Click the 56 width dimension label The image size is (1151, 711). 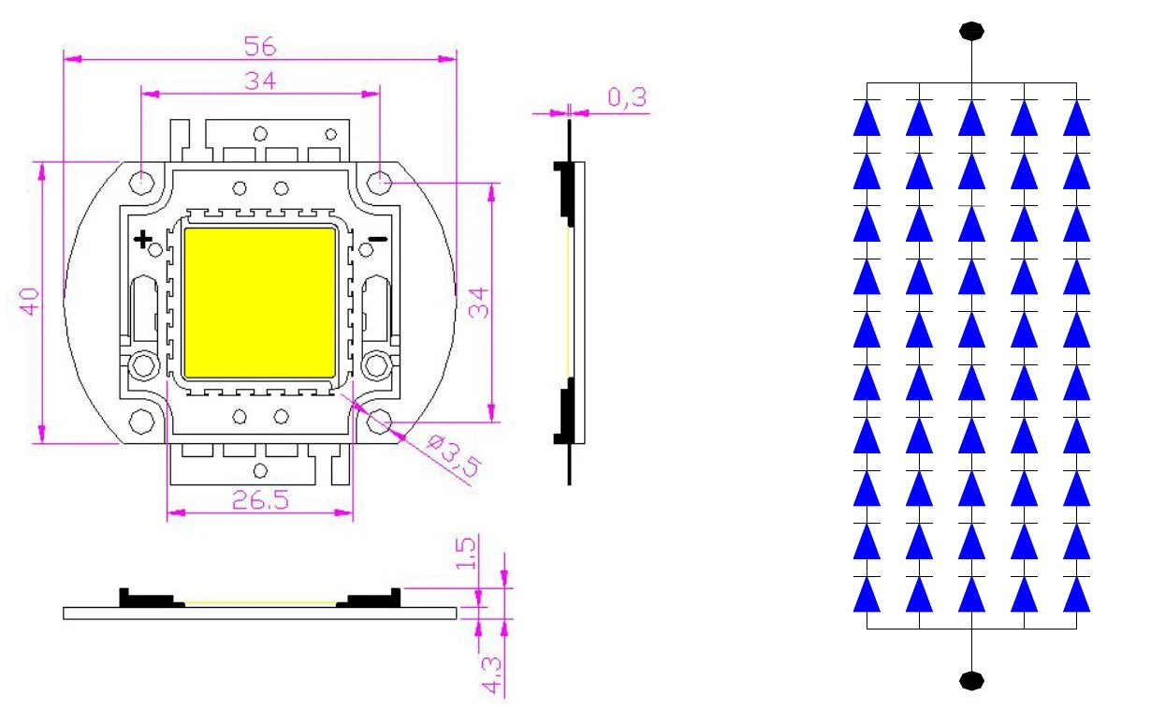click(260, 46)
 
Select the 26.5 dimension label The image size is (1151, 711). click(260, 500)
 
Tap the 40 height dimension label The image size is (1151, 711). click(29, 302)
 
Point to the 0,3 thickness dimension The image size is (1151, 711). click(627, 97)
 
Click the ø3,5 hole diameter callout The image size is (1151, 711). click(454, 455)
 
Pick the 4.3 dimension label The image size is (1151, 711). click(491, 675)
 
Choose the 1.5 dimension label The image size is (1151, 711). click(466, 554)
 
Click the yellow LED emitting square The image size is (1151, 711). click(260, 303)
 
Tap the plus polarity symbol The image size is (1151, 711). click(143, 239)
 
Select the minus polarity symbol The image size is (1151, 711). click(379, 239)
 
